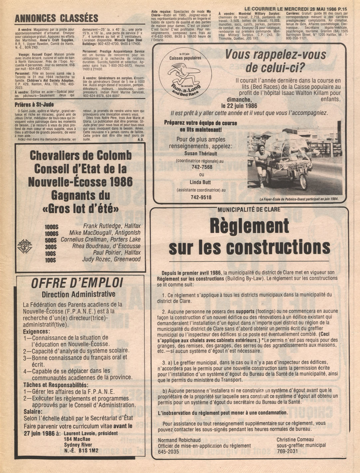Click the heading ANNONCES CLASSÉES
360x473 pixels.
(x=56, y=18)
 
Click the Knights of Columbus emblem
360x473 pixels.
(x=25, y=246)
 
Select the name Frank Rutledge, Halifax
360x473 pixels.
(x=112, y=226)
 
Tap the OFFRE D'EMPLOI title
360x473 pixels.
(x=77, y=283)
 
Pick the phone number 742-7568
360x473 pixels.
(x=201, y=167)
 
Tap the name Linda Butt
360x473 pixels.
(x=201, y=182)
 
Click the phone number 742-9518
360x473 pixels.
(x=201, y=197)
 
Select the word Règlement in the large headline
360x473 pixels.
(x=249, y=227)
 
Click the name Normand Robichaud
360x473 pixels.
(x=179, y=440)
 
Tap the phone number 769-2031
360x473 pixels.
(x=286, y=451)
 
